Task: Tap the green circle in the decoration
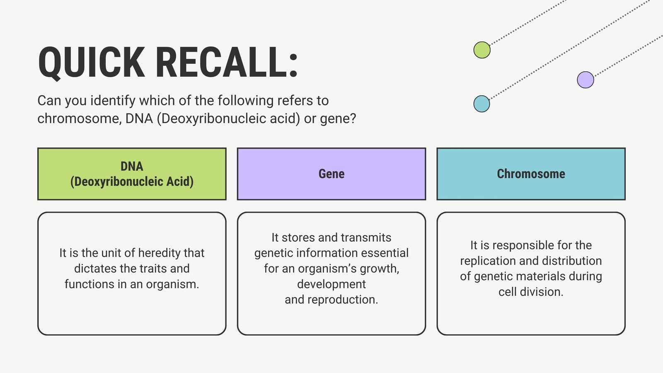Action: (x=482, y=50)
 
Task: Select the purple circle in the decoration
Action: (x=586, y=80)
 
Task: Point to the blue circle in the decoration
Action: (x=482, y=104)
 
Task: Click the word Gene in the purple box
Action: (x=331, y=174)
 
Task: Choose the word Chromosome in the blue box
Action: (x=531, y=174)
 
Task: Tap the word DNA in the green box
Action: (x=132, y=166)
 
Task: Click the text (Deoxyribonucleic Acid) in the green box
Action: (x=132, y=182)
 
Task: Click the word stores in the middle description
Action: (x=299, y=237)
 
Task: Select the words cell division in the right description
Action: (x=531, y=292)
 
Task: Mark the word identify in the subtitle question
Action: (x=113, y=101)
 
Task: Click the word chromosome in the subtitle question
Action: (x=79, y=119)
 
